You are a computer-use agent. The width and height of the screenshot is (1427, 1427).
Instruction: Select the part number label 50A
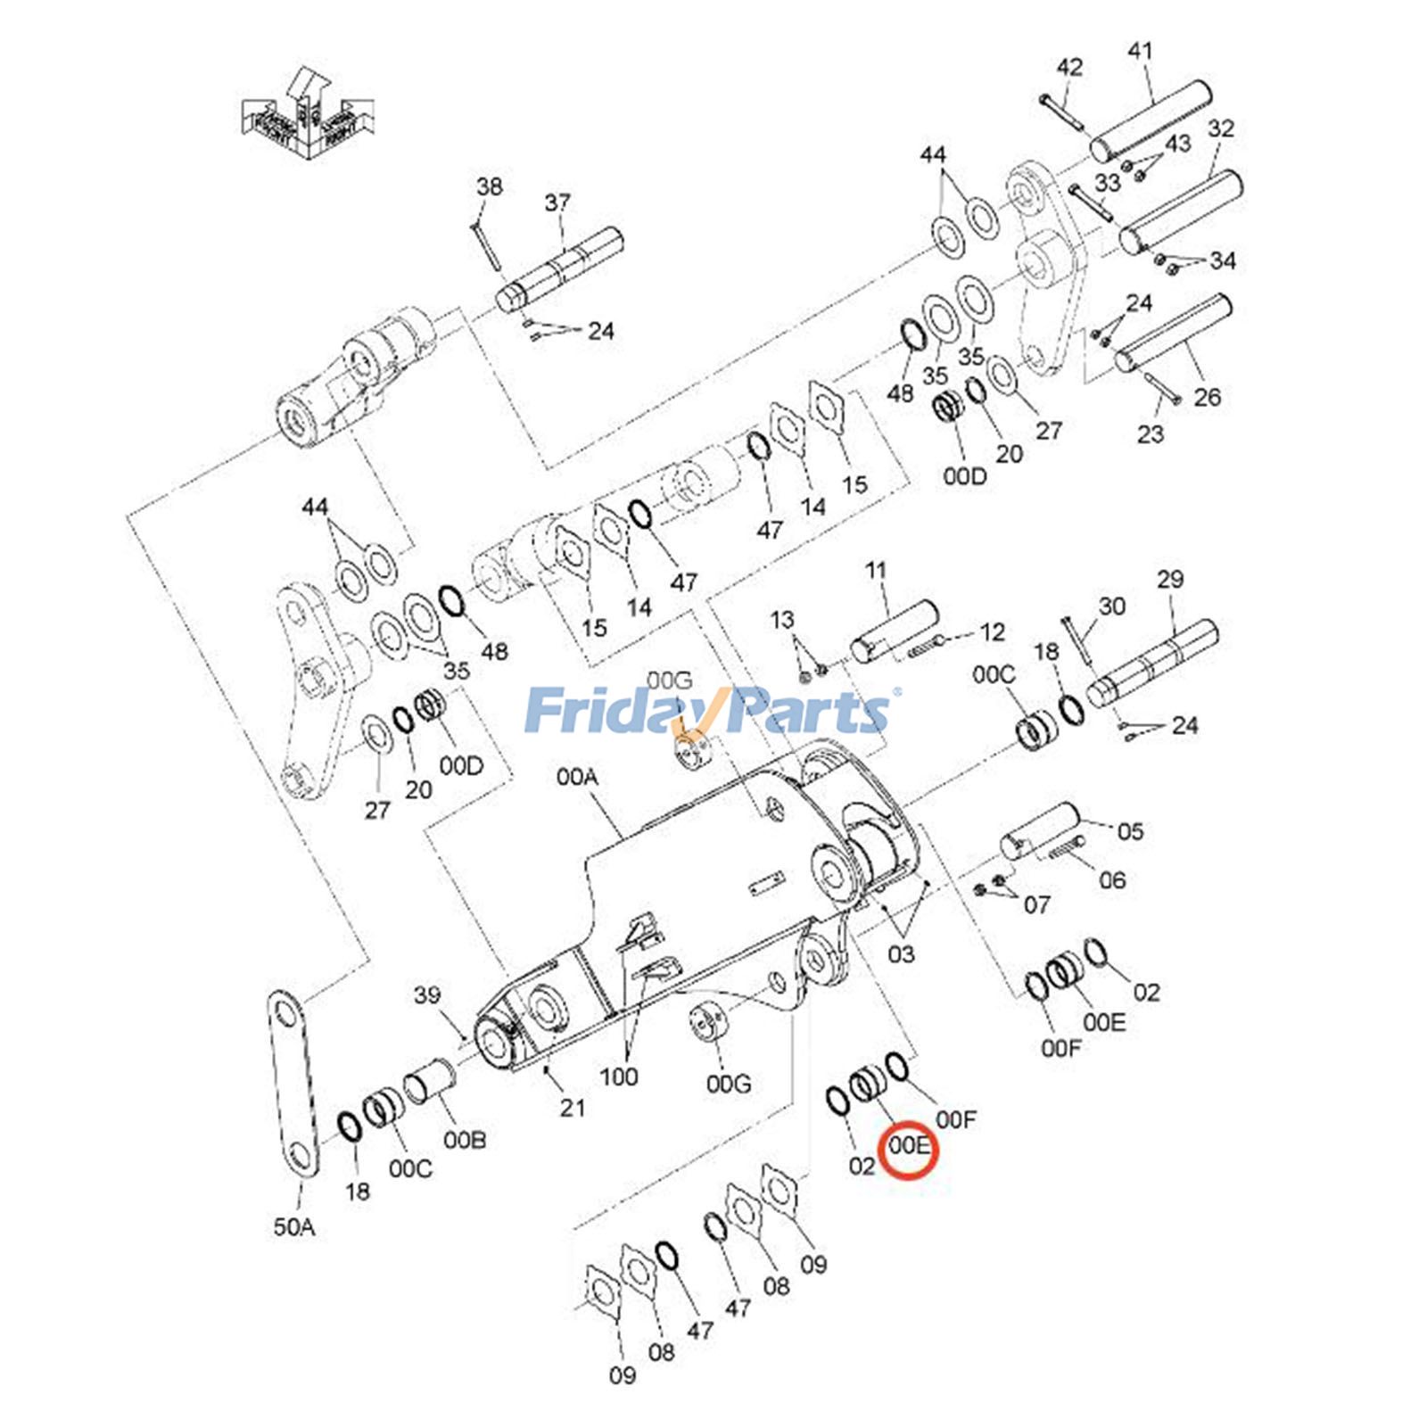tap(294, 1227)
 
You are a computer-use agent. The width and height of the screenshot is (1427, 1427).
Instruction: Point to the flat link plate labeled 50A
tap(293, 1085)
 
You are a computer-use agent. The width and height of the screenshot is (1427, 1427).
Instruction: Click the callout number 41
tap(1141, 52)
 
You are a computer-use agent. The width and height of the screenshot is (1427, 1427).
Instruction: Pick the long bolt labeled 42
tap(1060, 110)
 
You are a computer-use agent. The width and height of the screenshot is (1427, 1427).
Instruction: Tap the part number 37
tap(557, 203)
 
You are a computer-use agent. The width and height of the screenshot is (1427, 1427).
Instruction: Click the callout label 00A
tap(577, 777)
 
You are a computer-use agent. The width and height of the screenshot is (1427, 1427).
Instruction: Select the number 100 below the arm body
tap(618, 1076)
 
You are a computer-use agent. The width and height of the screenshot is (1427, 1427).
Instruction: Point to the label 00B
tap(465, 1140)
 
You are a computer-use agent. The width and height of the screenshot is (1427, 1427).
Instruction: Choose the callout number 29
tap(1170, 580)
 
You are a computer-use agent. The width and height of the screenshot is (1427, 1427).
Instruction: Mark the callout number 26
tap(1207, 397)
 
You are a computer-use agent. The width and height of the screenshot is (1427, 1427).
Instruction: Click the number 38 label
tap(489, 186)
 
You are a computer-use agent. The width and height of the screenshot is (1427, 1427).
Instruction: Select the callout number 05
tap(1130, 831)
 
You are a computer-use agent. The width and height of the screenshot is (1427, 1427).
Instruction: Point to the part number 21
tap(572, 1108)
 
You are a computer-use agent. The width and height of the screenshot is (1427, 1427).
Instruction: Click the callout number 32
tap(1221, 128)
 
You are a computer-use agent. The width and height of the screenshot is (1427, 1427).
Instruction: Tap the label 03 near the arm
tap(901, 954)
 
